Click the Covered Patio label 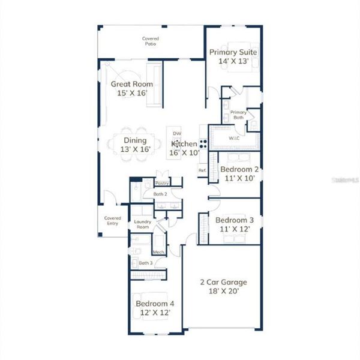[x=151, y=41]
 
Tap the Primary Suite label [x=233, y=52]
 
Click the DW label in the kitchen [x=176, y=133]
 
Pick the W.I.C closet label [x=234, y=138]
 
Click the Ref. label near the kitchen [x=202, y=171]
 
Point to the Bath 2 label [x=160, y=194]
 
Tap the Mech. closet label [x=159, y=253]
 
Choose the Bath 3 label [x=145, y=263]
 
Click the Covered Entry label [x=112, y=221]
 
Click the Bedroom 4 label [x=155, y=304]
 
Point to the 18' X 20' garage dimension [x=223, y=292]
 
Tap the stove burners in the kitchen [x=203, y=144]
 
